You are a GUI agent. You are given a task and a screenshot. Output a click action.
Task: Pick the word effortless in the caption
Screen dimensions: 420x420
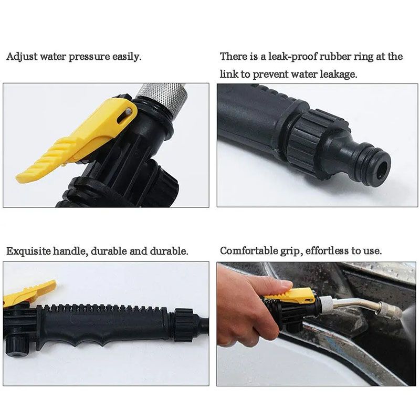click(x=331, y=251)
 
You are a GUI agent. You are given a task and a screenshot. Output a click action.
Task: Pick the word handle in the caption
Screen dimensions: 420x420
click(x=70, y=251)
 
